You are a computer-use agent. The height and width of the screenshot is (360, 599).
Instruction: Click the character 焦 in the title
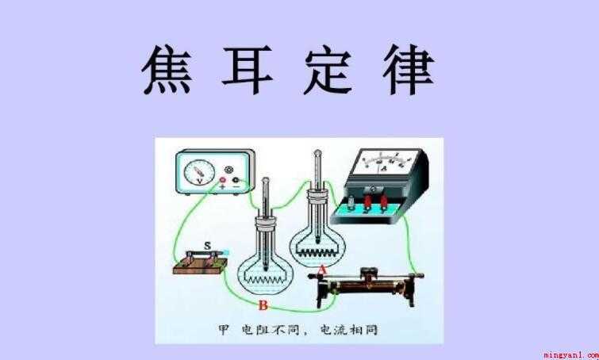tap(167, 69)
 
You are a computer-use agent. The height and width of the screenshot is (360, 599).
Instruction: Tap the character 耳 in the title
tap(248, 70)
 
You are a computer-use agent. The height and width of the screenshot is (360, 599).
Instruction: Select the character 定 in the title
tap(328, 70)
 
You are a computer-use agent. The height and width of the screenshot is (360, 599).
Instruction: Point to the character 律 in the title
tap(409, 70)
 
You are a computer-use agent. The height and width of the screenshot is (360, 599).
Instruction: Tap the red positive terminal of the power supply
tap(222, 180)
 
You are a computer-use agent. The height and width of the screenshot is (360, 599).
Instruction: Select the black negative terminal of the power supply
tap(236, 180)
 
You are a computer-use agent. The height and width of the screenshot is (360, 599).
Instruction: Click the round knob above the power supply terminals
tap(229, 169)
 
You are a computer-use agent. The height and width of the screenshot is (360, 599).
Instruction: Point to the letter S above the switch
tap(207, 246)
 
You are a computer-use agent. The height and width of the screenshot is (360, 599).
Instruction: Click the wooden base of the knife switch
tap(201, 266)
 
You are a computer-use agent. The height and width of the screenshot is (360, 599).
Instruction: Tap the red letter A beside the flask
tap(323, 270)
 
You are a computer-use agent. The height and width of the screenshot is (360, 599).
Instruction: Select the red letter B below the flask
tap(263, 305)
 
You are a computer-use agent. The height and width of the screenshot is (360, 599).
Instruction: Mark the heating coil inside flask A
tap(318, 251)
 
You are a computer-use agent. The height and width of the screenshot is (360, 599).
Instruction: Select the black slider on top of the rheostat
tap(367, 272)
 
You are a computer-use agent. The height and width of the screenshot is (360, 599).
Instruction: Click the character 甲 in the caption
tap(224, 330)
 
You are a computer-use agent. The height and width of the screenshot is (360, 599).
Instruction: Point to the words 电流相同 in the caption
tap(347, 330)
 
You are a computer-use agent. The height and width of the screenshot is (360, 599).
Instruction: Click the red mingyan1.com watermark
tap(570, 355)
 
